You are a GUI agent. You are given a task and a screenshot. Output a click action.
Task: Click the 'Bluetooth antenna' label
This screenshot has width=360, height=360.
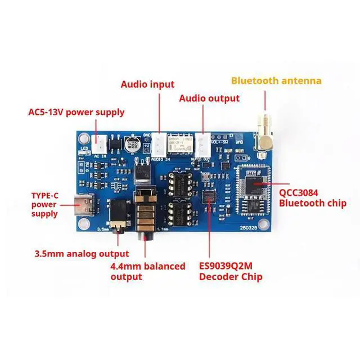tap(276, 80)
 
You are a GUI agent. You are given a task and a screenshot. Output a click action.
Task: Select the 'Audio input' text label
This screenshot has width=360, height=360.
tap(147, 84)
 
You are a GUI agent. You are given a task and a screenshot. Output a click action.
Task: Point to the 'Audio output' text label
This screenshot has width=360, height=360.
tap(209, 98)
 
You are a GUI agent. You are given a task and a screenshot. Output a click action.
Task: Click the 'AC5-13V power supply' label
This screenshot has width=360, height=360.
tap(76, 112)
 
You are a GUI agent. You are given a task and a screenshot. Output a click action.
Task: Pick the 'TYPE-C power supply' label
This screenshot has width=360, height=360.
tap(44, 205)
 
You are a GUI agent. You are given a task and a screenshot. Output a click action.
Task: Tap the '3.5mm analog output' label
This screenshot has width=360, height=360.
tap(82, 254)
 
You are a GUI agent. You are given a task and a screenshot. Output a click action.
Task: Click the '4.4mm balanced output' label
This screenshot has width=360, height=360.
tap(148, 271)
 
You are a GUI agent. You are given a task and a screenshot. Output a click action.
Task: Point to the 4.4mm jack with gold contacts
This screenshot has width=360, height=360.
tap(149, 214)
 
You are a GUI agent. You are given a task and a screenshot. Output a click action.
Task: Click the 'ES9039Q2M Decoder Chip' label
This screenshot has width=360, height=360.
tap(230, 271)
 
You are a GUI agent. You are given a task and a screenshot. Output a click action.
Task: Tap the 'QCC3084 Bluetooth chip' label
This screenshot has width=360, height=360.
tap(312, 197)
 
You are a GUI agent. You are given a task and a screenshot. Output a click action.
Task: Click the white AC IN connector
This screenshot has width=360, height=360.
tap(100, 143)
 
